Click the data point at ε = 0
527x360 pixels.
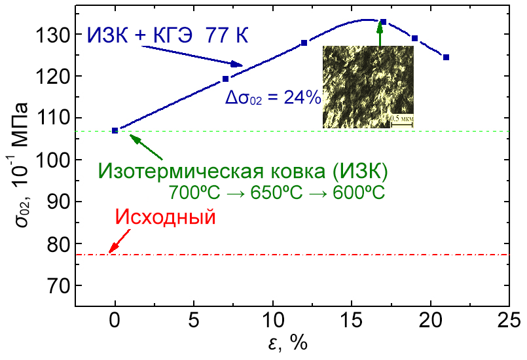(115, 130)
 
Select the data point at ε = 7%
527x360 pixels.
(226, 79)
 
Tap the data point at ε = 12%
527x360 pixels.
(304, 43)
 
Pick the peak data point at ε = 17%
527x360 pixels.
(384, 22)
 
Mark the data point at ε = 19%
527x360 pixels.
(415, 39)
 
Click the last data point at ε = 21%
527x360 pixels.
(446, 58)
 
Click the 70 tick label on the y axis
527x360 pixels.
(57, 286)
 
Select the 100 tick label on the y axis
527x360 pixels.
(52, 160)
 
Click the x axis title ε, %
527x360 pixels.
(288, 344)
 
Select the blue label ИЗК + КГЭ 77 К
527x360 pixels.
(168, 35)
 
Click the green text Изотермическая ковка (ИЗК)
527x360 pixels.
(244, 171)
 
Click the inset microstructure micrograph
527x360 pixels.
(371, 85)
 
